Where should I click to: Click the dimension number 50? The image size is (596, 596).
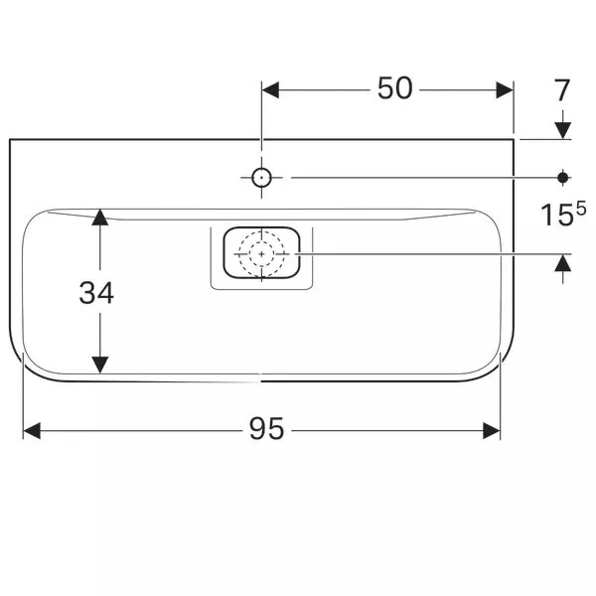click(394, 88)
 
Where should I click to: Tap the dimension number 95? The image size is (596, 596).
click(266, 428)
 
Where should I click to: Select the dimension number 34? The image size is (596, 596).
click(96, 293)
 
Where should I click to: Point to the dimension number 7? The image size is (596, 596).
click(562, 90)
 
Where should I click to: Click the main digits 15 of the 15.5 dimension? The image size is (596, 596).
click(557, 215)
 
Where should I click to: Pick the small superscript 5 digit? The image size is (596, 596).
click(581, 209)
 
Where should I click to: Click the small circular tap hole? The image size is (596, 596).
click(261, 178)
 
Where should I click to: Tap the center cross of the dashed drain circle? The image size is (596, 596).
click(261, 253)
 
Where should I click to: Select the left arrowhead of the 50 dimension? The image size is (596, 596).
click(270, 90)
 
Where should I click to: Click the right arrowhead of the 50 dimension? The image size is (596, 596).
click(505, 90)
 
